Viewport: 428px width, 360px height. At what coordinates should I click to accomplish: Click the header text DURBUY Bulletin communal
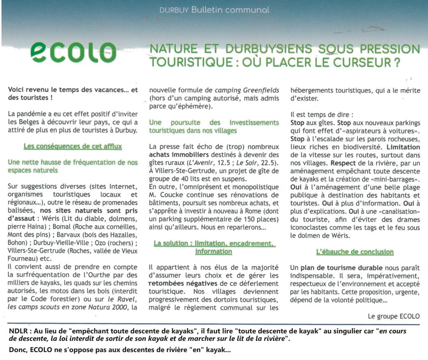point(214,10)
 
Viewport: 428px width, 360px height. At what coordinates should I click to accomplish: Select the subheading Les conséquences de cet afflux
point(73,146)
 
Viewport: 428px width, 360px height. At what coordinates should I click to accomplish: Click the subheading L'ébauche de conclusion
point(355,252)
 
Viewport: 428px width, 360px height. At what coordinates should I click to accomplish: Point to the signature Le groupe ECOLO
point(394,316)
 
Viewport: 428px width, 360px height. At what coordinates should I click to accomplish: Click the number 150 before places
point(236,219)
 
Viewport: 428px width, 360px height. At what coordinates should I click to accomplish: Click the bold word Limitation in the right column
point(403,147)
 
